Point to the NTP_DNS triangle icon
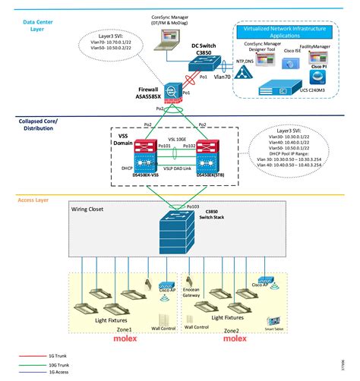(242, 70)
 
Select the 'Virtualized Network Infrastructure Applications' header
(288, 32)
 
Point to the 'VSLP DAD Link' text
(178, 167)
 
